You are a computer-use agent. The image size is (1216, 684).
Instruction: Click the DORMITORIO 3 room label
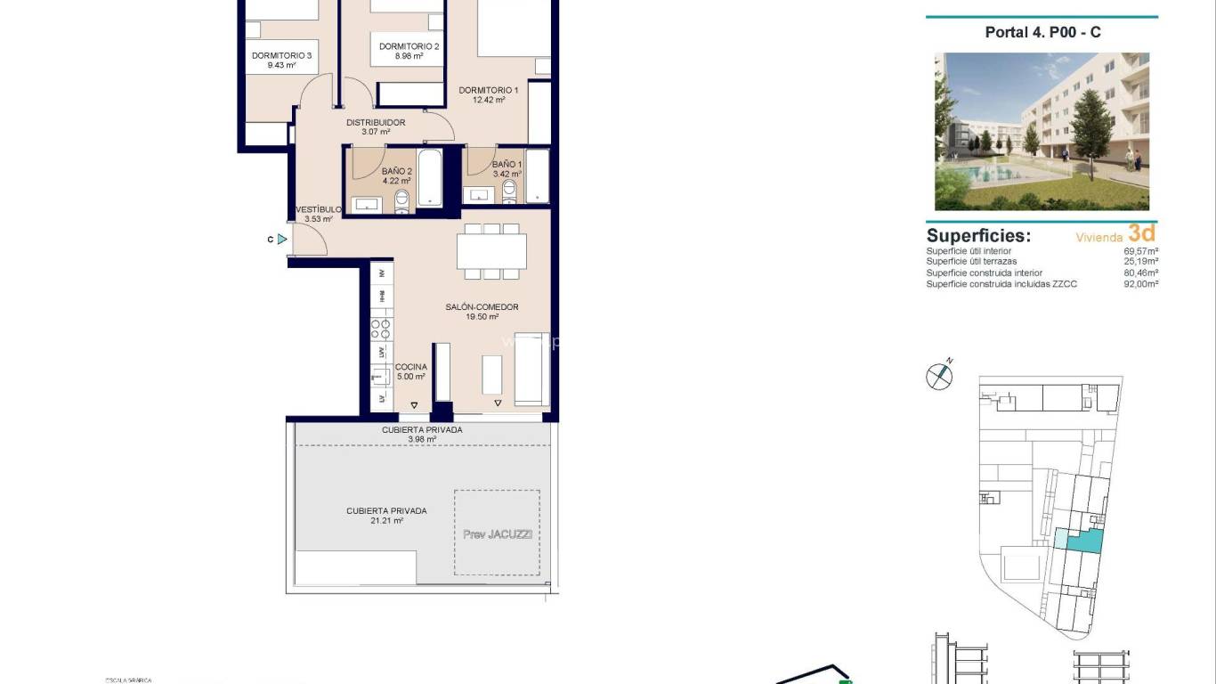pyautogui.click(x=281, y=55)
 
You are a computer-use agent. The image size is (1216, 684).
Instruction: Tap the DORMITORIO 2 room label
pyautogui.click(x=409, y=46)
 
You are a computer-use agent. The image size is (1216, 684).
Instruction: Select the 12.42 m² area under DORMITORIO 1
pyautogui.click(x=489, y=101)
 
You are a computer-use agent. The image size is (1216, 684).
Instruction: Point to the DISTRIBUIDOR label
pyautogui.click(x=376, y=123)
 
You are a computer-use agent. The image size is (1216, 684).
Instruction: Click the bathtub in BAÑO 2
pyautogui.click(x=430, y=178)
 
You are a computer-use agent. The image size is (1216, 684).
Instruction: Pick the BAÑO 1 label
pyautogui.click(x=507, y=165)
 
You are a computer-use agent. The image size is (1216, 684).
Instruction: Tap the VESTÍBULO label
pyautogui.click(x=318, y=209)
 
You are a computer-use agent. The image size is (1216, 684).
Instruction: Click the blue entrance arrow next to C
pyautogui.click(x=282, y=239)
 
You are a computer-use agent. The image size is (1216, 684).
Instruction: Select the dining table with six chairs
pyautogui.click(x=491, y=250)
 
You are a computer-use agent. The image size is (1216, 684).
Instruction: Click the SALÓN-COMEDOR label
pyautogui.click(x=482, y=307)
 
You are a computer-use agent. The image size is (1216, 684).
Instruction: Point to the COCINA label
pyautogui.click(x=411, y=367)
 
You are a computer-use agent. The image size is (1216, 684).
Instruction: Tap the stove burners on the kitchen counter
pyautogui.click(x=381, y=327)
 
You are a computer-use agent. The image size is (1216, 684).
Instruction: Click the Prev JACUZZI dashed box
pyautogui.click(x=496, y=533)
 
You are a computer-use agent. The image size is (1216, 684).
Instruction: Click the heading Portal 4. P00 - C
pyautogui.click(x=1042, y=32)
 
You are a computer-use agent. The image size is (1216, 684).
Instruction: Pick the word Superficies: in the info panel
pyautogui.click(x=978, y=236)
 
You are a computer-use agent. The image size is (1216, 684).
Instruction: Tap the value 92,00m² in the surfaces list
pyautogui.click(x=1140, y=284)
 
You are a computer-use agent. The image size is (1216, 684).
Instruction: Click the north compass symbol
pyautogui.click(x=939, y=377)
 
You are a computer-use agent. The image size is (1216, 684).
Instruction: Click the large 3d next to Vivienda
pyautogui.click(x=1141, y=233)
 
